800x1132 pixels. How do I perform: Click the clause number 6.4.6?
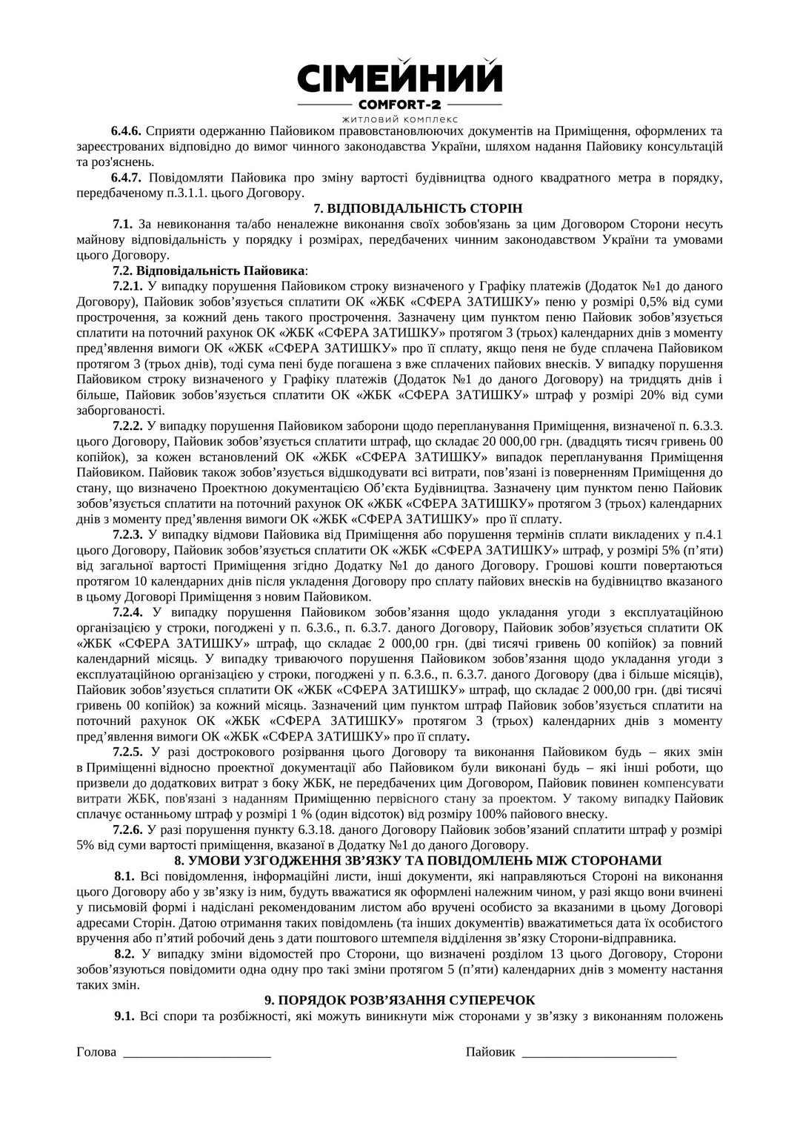click(128, 131)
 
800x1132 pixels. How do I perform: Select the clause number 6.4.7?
click(128, 177)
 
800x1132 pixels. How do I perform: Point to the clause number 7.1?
click(122, 223)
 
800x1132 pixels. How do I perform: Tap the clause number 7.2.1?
click(128, 285)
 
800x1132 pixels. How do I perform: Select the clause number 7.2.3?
click(128, 534)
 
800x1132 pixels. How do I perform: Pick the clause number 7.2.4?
click(128, 612)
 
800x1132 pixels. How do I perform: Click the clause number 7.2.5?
click(128, 752)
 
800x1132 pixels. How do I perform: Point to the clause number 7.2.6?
click(128, 830)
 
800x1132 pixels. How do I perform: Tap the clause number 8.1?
click(124, 876)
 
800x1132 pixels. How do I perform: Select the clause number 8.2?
click(124, 954)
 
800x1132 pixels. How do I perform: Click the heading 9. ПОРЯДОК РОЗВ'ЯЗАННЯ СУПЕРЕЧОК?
click(418, 1000)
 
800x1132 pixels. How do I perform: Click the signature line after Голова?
click(197, 1053)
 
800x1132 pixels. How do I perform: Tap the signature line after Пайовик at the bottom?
click(599, 1053)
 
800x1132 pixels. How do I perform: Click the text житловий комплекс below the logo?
click(400, 119)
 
